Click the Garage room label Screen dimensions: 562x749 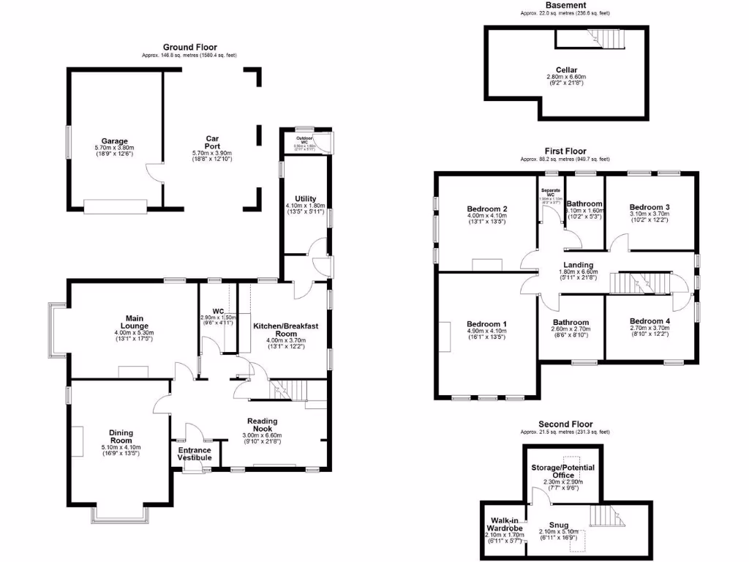(115, 141)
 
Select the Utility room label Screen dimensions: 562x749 (305, 198)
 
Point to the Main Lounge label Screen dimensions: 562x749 (134, 322)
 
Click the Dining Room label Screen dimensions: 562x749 (121, 437)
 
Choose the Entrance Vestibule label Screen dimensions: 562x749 (195, 454)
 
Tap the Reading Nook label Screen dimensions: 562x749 (262, 425)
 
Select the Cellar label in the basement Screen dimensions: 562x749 (567, 71)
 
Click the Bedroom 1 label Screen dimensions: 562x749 (486, 324)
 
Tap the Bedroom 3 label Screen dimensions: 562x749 (650, 207)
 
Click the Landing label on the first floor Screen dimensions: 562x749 (578, 265)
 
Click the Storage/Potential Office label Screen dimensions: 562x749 (563, 471)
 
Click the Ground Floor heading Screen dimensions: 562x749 (189, 48)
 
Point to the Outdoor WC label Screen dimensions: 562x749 (304, 138)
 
